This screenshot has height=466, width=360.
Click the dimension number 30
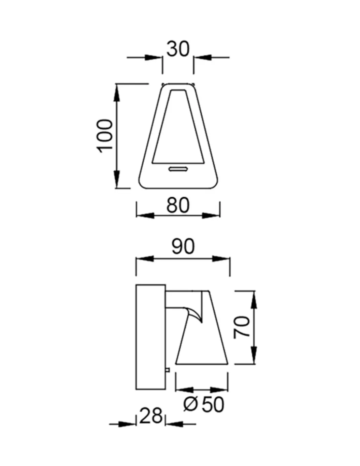click(x=178, y=49)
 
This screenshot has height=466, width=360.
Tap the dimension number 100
click(x=105, y=136)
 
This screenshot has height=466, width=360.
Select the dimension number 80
click(x=178, y=205)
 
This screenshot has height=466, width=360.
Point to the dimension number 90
click(x=183, y=246)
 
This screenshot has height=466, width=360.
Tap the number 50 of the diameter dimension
click(x=213, y=404)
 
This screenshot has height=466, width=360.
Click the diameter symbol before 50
click(x=190, y=404)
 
